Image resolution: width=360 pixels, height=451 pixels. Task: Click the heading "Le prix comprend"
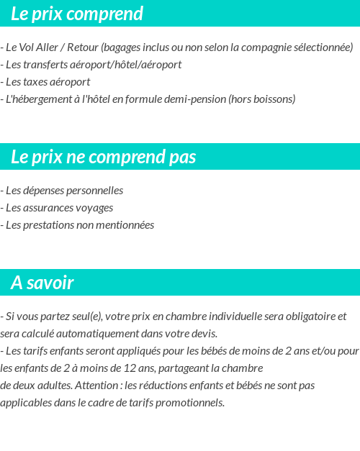(x=77, y=14)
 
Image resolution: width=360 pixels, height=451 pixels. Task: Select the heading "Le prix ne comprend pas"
(x=104, y=158)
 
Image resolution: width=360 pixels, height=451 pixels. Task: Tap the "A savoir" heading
(x=42, y=283)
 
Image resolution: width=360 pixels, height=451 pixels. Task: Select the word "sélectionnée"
(x=323, y=47)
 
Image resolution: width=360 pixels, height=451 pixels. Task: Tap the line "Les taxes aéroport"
(x=46, y=82)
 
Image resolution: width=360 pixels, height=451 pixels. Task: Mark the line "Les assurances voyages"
(x=58, y=208)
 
